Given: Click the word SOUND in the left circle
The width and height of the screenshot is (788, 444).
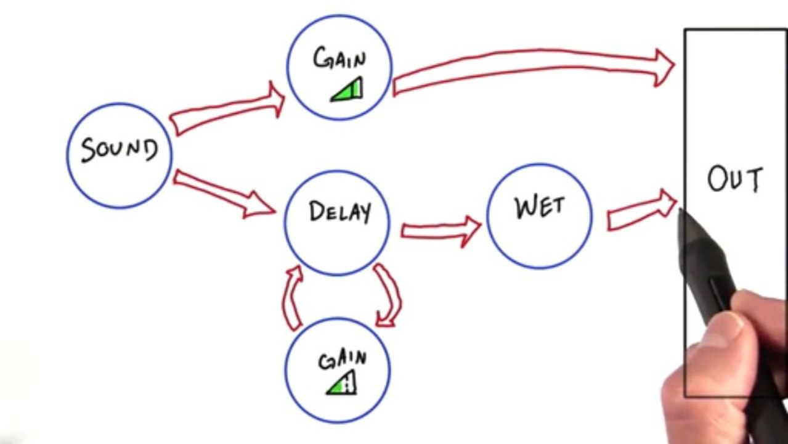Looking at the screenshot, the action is point(120,150).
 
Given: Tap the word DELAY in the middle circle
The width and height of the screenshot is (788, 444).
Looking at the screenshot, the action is point(340,212).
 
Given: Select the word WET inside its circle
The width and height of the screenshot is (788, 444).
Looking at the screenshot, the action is point(540,207).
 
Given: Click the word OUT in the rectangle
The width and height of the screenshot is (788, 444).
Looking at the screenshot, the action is point(735,179).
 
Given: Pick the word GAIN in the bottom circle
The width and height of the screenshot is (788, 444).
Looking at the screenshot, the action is point(342,360).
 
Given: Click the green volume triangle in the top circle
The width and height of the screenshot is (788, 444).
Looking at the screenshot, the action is point(347,89).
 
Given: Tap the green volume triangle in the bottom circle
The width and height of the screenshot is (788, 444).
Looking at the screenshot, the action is point(342,383).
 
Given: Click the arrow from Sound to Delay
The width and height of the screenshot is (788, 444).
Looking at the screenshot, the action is point(224,194).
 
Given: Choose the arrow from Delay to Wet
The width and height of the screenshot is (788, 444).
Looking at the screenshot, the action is point(441,231).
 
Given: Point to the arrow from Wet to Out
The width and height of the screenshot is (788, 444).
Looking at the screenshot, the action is point(642,210).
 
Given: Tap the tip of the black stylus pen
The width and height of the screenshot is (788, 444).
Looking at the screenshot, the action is point(680,210).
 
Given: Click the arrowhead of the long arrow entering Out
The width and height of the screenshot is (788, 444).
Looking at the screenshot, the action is point(664,67).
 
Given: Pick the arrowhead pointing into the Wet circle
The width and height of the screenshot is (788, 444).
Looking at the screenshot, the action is point(471,231).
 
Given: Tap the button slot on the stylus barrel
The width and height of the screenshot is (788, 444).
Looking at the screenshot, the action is point(718,296).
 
